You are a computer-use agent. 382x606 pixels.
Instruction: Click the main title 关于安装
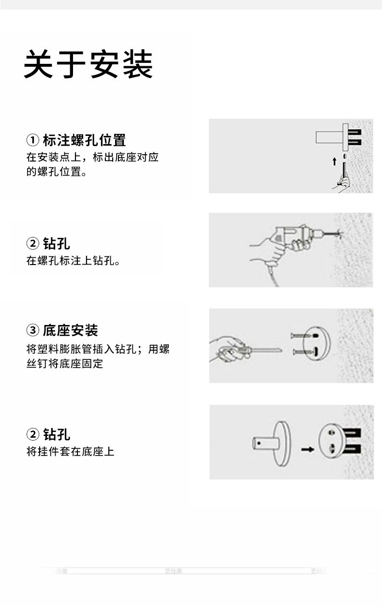(x=88, y=64)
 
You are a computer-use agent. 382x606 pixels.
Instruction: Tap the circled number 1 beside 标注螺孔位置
(x=32, y=141)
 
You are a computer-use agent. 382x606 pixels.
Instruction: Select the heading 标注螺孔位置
(x=84, y=141)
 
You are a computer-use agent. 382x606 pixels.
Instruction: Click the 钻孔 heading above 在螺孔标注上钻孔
(x=56, y=243)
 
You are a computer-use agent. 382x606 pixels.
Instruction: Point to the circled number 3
(x=32, y=331)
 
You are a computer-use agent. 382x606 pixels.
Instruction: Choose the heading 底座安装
(x=70, y=331)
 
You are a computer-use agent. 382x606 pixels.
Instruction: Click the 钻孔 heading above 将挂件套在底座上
(x=56, y=434)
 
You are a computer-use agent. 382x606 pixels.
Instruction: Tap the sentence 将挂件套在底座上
(x=70, y=452)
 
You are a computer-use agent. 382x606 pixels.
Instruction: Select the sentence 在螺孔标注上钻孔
(x=73, y=261)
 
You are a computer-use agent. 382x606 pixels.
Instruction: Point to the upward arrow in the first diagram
(x=334, y=161)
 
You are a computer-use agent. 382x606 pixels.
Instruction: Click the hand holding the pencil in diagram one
(x=343, y=182)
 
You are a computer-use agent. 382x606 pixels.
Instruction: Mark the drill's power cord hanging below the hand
(x=274, y=276)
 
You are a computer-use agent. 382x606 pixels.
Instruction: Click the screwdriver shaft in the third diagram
(x=264, y=349)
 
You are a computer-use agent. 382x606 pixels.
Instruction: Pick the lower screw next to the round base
(x=302, y=352)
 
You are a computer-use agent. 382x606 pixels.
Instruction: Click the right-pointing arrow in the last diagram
(x=307, y=449)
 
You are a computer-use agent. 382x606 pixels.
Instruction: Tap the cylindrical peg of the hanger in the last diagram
(x=263, y=443)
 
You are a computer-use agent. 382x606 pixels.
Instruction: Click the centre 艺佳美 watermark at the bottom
(x=173, y=571)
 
